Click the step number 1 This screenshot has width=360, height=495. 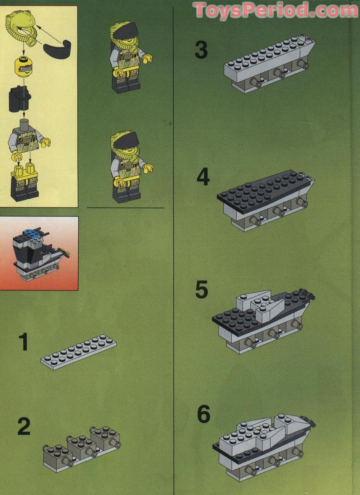pyautogui.click(x=24, y=343)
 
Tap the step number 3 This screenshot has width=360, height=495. pyautogui.click(x=201, y=51)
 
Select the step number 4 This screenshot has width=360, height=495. pyautogui.click(x=203, y=177)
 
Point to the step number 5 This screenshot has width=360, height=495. pyautogui.click(x=202, y=290)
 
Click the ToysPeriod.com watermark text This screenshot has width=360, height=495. pyautogui.click(x=276, y=10)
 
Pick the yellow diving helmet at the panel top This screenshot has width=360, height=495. pyautogui.click(x=21, y=25)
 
